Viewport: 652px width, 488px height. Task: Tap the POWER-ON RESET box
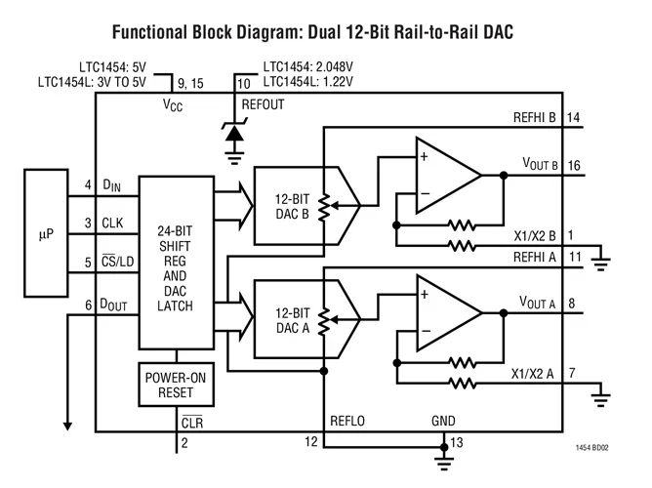(x=178, y=385)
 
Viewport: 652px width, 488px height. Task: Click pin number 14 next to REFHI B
(x=573, y=118)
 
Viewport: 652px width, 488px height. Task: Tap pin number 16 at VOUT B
(x=573, y=166)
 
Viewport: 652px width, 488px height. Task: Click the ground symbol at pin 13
(x=446, y=453)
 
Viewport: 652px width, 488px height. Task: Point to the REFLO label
(x=348, y=421)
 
